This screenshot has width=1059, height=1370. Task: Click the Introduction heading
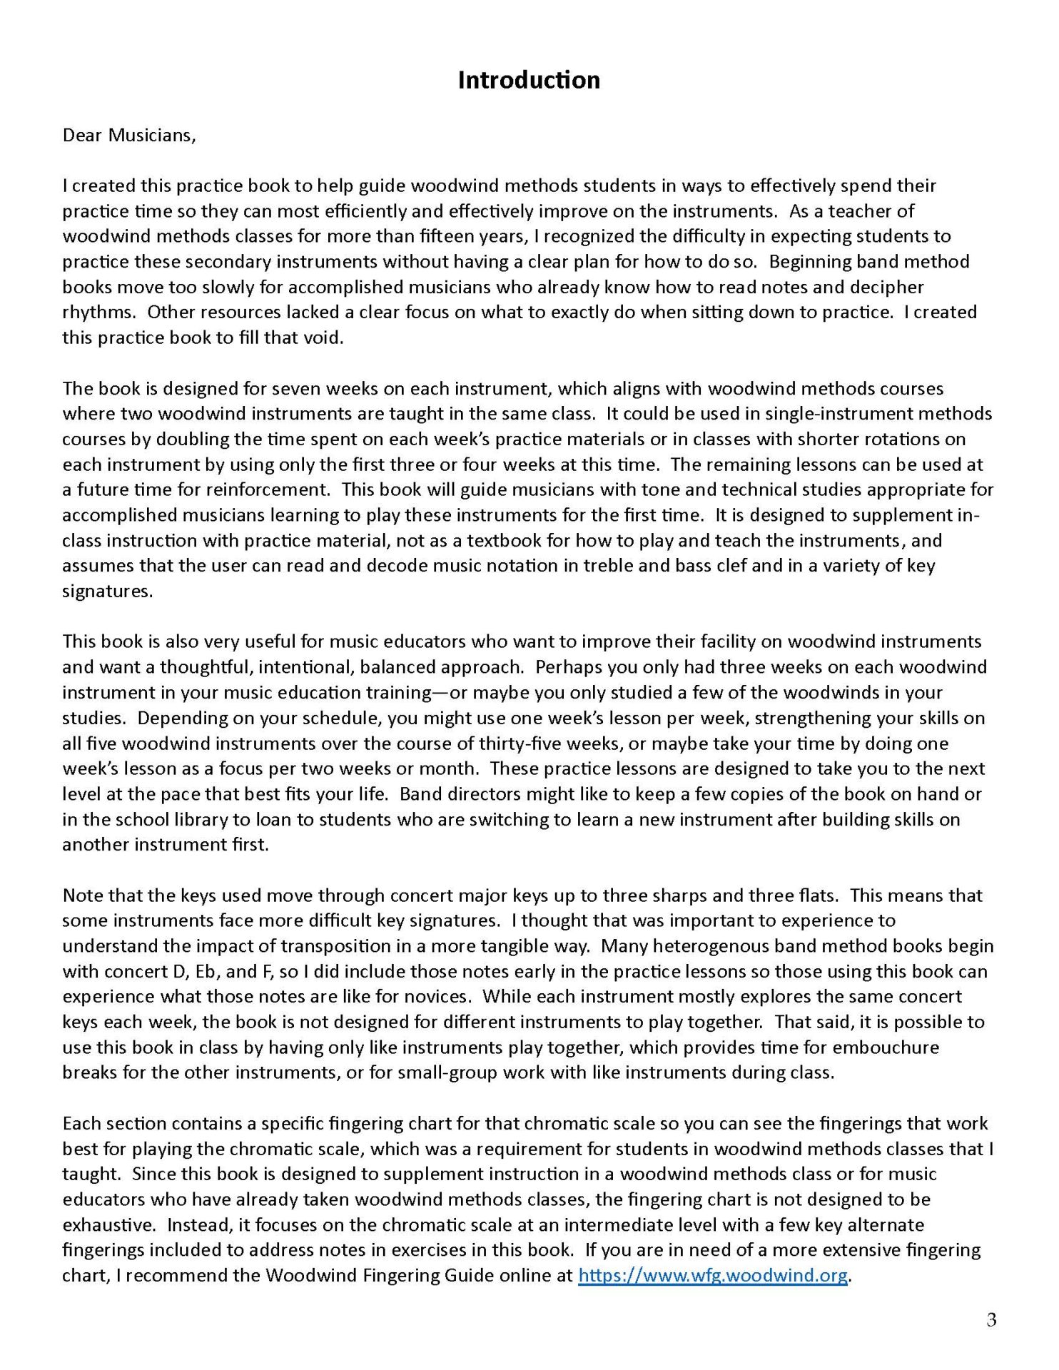529,80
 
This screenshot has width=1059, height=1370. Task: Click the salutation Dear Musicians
128,136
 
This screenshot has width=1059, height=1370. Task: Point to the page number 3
991,1319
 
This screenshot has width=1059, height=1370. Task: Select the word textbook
519,541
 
